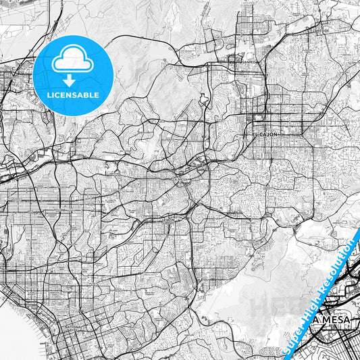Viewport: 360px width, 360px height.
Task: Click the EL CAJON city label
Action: tap(265, 134)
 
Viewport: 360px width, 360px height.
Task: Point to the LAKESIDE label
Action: tap(321, 30)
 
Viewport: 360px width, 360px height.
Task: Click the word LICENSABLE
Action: tap(72, 95)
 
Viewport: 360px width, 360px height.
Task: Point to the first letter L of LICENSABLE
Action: tap(48, 95)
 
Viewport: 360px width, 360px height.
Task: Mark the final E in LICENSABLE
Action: tap(97, 95)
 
